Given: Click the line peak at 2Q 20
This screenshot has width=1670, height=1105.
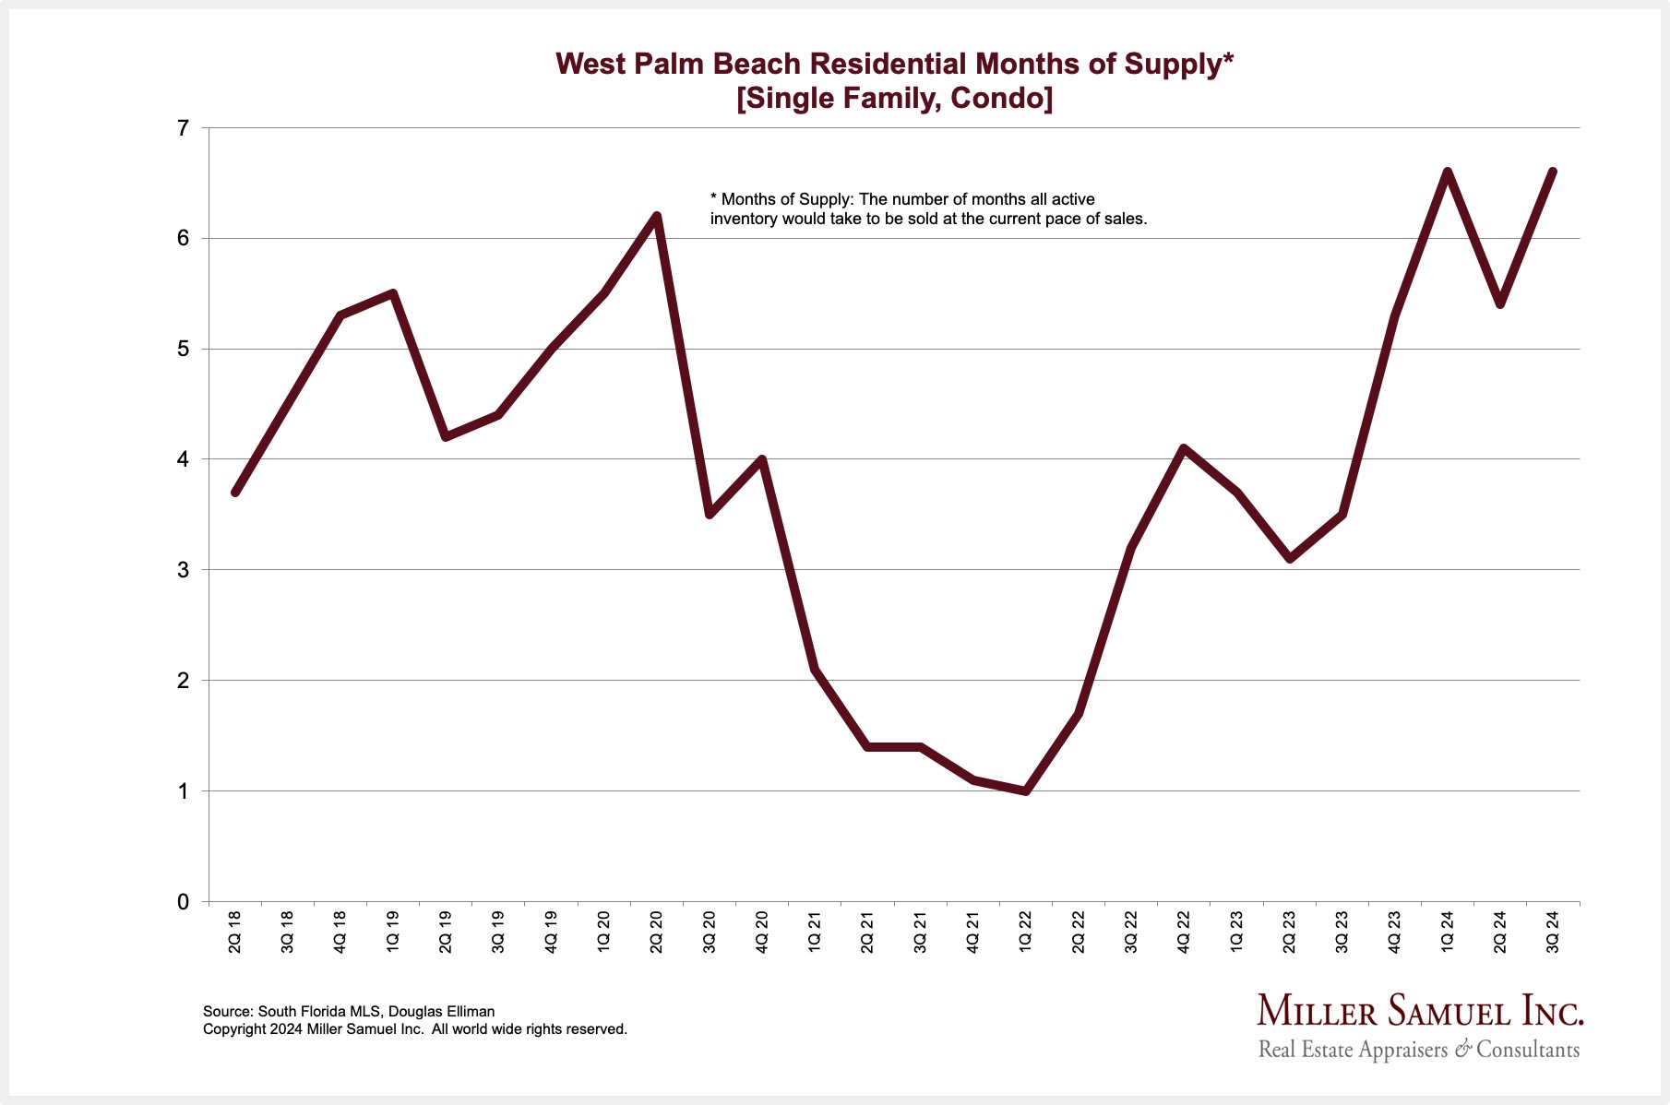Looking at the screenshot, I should coord(656,217).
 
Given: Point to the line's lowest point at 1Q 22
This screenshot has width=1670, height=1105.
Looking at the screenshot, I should coord(1025,790).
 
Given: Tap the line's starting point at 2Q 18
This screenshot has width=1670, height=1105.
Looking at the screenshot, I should coord(235,493).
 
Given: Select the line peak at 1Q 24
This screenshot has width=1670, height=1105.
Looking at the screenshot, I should coord(1447,172).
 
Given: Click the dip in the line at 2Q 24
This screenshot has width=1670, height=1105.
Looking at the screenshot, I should coord(1499,304).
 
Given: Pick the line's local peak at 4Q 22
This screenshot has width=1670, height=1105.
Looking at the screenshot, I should coord(1183,448).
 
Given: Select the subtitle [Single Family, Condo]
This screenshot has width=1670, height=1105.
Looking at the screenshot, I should coord(894,98).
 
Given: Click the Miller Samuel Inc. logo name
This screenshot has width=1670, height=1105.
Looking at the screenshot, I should coord(1420,1012).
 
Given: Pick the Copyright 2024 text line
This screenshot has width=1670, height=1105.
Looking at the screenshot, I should coord(415,1029).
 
